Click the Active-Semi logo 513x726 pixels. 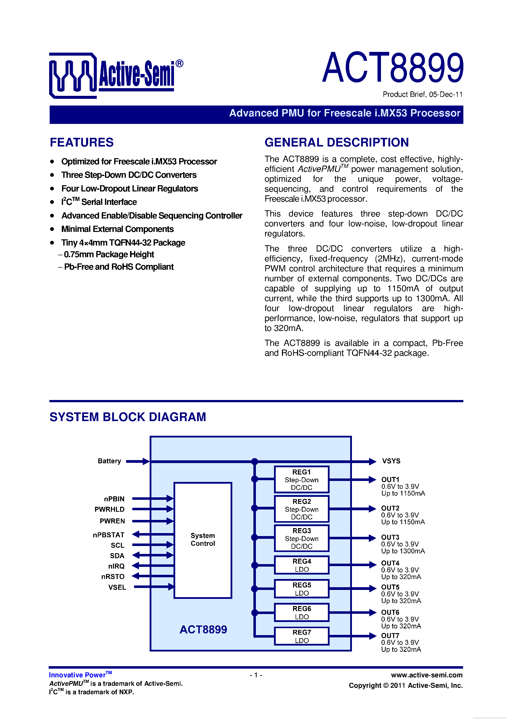[116, 75]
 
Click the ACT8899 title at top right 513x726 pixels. [393, 68]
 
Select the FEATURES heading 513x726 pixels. [82, 142]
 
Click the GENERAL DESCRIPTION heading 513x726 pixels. [336, 142]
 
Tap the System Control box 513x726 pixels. [203, 540]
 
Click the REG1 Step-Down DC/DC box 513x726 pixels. [302, 479]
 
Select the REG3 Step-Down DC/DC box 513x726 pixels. [302, 538]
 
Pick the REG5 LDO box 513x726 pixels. [302, 589]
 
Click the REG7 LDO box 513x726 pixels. [302, 636]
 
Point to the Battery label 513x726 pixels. [109, 461]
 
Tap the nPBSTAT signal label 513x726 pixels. [109, 535]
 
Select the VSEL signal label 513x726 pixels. [117, 587]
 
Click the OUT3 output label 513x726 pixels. [390, 537]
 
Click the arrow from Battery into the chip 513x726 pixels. [137, 461]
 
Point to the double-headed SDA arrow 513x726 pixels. [153, 555]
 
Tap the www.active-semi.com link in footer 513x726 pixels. [427, 675]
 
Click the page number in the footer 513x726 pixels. [256, 675]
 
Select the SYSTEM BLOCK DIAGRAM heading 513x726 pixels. [128, 417]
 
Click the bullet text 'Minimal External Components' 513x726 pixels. [118, 229]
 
